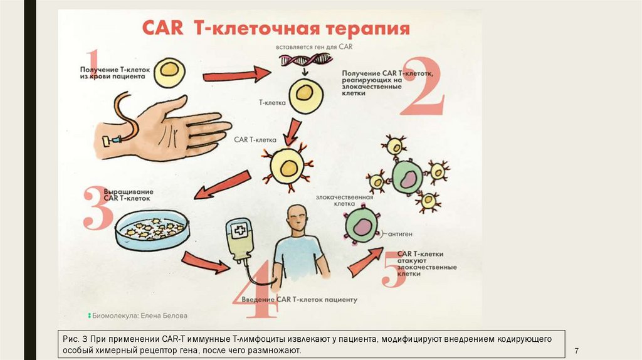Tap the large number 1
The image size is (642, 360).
93,66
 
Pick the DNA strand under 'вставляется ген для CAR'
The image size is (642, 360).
305,60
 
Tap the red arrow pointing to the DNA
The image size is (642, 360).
236,76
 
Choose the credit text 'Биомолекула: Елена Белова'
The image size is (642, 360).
140,315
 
